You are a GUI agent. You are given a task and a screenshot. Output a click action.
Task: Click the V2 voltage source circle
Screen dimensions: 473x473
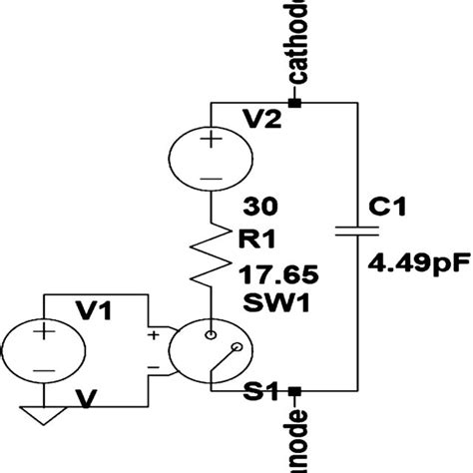coord(211,156)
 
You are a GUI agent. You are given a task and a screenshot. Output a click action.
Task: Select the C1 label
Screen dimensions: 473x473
coord(386,206)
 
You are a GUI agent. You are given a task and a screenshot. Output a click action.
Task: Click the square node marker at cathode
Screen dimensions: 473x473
coord(294,103)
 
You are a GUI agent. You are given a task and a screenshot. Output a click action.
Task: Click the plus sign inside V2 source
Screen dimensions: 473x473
coord(211,140)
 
